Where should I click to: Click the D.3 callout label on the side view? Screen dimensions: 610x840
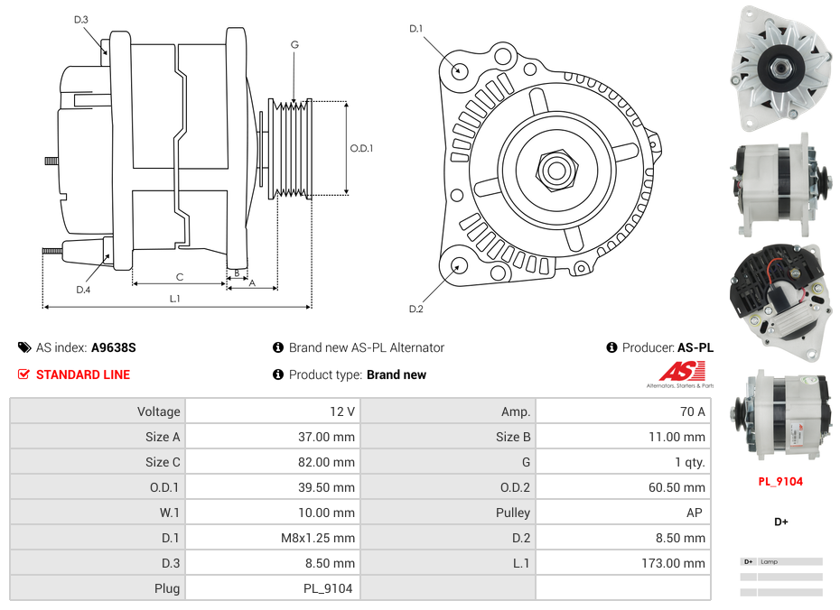coord(81,19)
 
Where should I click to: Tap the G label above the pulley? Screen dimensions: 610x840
coord(294,44)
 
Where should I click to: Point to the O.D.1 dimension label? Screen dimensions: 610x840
coord(361,148)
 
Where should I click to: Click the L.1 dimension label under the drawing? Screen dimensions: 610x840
coord(174,298)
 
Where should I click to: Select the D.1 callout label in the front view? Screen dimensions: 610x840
coord(415,29)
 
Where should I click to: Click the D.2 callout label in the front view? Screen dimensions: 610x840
coord(415,310)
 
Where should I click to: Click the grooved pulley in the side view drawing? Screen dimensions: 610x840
coord(291,148)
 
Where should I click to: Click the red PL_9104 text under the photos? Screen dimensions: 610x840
coord(780,481)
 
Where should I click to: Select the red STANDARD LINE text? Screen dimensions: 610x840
coord(82,374)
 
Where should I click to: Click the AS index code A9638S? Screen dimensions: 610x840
coord(113,347)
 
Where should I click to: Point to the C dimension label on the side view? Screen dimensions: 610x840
coord(179,277)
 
